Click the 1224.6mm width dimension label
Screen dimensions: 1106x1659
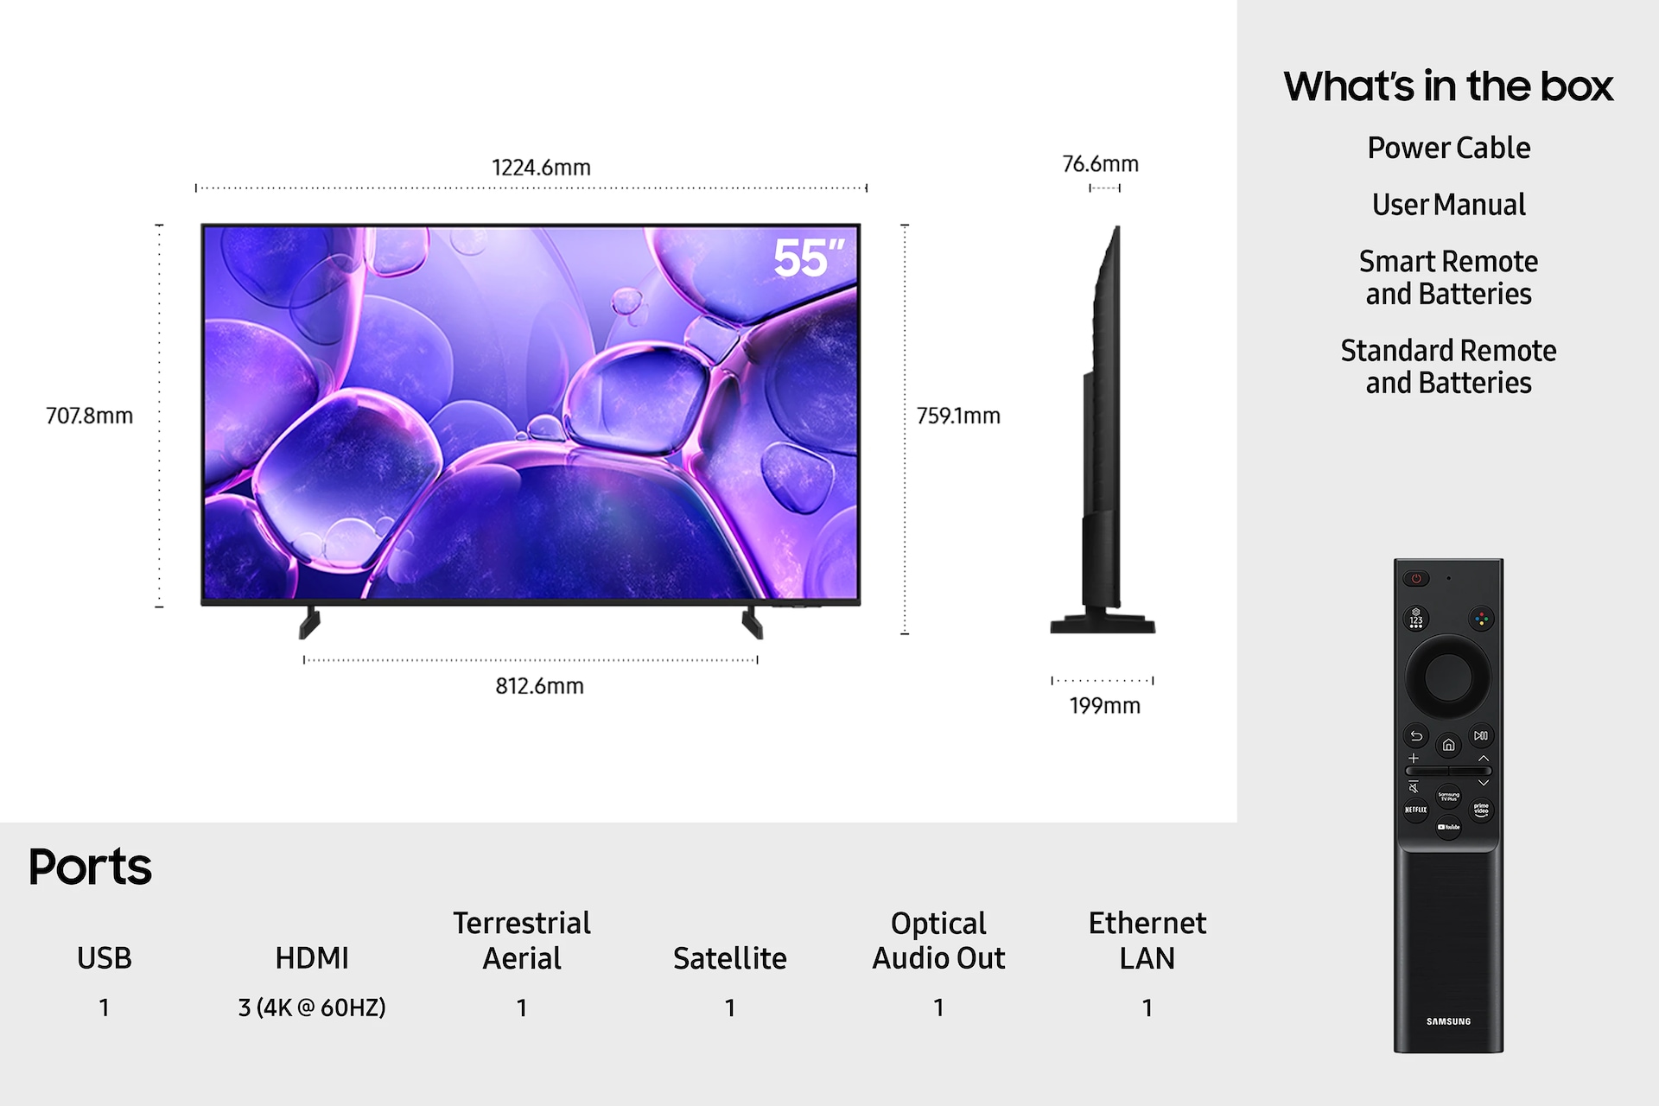tap(541, 168)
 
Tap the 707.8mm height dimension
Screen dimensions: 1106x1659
tap(89, 416)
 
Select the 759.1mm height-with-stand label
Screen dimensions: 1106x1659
tap(958, 416)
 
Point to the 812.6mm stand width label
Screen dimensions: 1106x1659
tap(539, 686)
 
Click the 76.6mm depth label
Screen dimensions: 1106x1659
tap(1100, 164)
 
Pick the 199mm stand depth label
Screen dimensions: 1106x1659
tap(1104, 706)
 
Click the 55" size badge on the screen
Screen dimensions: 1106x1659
tap(808, 258)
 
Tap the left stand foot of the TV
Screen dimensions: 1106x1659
tap(309, 622)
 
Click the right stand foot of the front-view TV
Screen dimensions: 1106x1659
tap(752, 622)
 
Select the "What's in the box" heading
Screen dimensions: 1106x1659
tap(1448, 86)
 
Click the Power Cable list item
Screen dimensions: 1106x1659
tap(1448, 148)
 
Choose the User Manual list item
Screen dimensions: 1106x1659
tap(1448, 205)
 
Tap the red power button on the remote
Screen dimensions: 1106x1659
tap(1416, 578)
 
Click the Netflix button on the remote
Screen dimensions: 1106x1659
tap(1415, 810)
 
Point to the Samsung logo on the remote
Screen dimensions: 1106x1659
tap(1448, 1021)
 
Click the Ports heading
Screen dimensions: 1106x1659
tap(90, 867)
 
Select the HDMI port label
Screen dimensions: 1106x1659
tap(312, 958)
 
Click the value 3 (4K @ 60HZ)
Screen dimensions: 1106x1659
tap(312, 1007)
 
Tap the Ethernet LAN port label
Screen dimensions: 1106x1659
tap(1147, 940)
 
